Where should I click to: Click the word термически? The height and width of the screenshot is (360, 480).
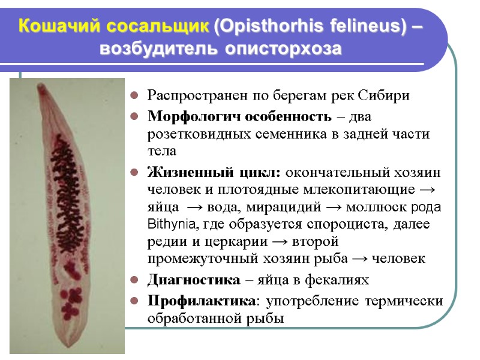click(405, 299)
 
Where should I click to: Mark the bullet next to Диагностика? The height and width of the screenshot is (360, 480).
click(135, 279)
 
